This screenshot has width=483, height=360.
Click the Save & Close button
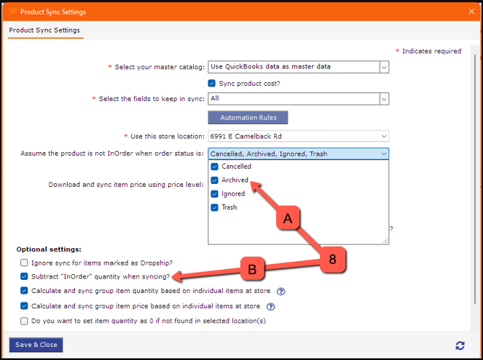coord(36,345)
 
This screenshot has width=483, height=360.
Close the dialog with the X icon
coord(471,12)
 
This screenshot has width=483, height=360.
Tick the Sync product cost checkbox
coord(212,83)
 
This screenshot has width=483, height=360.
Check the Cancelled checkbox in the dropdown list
coord(215,167)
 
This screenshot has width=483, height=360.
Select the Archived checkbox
coord(215,180)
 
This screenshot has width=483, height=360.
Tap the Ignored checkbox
coord(215,194)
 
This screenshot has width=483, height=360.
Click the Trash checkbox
coord(215,208)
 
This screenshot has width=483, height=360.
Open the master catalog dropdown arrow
coord(384,67)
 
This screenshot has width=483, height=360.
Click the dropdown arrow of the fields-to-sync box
coord(384,99)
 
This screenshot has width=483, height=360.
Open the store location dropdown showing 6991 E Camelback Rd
coord(298,136)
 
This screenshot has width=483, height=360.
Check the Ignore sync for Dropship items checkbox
coord(24,263)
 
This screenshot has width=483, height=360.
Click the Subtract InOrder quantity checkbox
coord(24,276)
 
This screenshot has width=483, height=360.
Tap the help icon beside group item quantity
coord(281,291)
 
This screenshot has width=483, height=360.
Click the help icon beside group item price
coord(271,307)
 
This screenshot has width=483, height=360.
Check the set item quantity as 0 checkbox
coord(24,321)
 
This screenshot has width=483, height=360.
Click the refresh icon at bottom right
coord(460,346)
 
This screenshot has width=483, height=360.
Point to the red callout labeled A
coord(288,218)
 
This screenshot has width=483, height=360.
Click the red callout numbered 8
coord(332,259)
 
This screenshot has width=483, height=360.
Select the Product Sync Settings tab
coord(45,30)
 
